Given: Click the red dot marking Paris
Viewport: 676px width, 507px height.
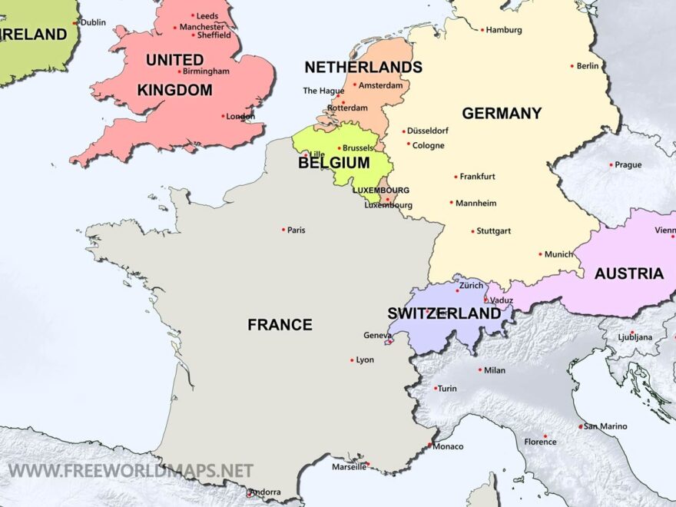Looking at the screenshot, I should point(283,229).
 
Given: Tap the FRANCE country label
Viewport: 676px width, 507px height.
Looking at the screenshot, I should point(280,325).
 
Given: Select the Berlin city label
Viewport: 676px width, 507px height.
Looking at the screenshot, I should point(588,66).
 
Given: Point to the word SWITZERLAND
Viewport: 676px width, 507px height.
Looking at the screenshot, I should point(444,313).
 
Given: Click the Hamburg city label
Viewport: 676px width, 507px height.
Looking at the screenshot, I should point(504,30).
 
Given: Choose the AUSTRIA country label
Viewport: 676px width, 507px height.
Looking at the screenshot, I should point(628,273).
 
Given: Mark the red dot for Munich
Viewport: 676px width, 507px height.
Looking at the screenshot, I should point(541,253).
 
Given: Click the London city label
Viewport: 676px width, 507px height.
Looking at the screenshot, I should point(240,117).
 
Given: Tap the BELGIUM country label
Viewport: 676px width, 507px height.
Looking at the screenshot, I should point(334,163).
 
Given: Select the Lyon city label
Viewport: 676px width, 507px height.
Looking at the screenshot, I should point(365,360).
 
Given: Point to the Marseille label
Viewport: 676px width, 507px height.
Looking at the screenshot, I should point(349,466).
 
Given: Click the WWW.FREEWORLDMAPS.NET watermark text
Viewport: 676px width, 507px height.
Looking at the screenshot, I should point(131,469).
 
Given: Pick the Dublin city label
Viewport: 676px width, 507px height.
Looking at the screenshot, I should point(93,23).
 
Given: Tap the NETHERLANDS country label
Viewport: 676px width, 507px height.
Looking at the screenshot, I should point(363,67).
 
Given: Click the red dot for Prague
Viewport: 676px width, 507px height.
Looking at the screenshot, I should point(611,164).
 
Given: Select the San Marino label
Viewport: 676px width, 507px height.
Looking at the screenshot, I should point(605,426).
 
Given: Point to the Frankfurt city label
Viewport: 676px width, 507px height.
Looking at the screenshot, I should point(477,177).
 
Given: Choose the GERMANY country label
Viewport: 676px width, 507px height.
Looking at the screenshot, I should point(502,113).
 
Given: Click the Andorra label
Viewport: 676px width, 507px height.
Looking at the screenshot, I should point(266,492).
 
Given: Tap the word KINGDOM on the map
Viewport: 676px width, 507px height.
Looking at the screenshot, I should point(174,90).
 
